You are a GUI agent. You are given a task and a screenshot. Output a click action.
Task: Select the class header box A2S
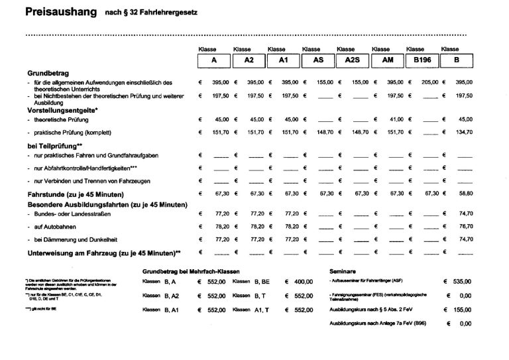click(x=352, y=60)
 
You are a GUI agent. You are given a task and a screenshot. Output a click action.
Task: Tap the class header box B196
click(x=422, y=60)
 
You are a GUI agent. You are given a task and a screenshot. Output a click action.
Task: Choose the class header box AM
click(x=387, y=60)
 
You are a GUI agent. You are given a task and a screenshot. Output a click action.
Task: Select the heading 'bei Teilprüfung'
click(x=54, y=145)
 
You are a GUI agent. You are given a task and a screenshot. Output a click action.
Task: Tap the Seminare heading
click(x=343, y=271)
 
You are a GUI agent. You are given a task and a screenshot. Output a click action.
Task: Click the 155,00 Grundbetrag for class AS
click(x=325, y=82)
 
